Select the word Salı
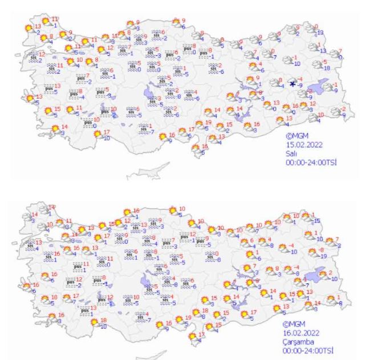(291, 154)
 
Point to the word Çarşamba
(299, 341)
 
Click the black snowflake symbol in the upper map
(293, 84)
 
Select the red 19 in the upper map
(208, 122)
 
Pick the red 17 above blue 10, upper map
(106, 132)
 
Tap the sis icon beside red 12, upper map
(34, 56)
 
